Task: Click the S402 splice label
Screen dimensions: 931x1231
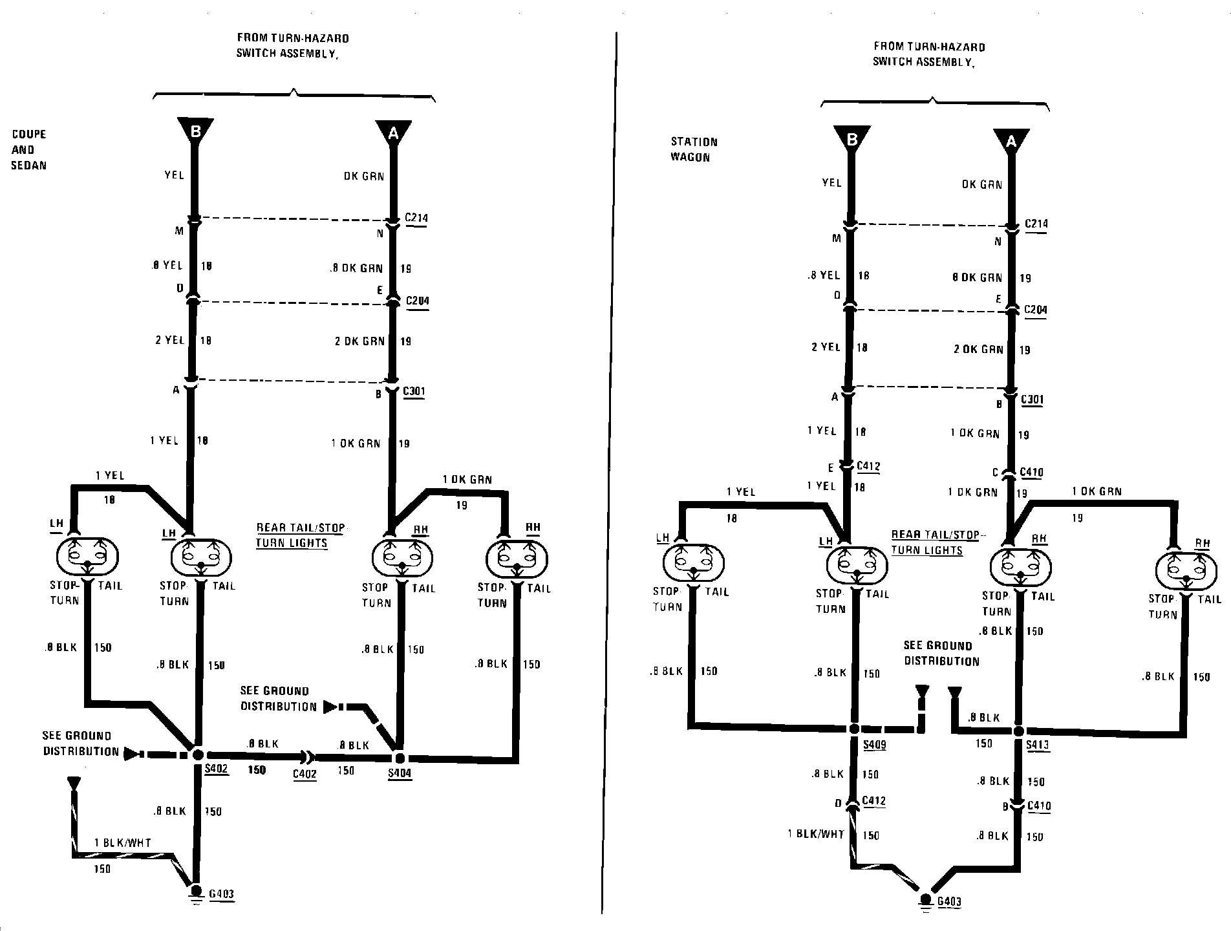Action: pyautogui.click(x=217, y=769)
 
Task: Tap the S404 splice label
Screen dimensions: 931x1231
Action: pyautogui.click(x=400, y=773)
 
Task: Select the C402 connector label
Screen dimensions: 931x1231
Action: pyautogui.click(x=305, y=774)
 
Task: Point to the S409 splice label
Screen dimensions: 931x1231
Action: pyautogui.click(x=874, y=745)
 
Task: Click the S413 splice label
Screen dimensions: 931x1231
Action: pyautogui.click(x=1038, y=745)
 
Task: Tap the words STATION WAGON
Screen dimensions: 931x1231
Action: pyautogui.click(x=694, y=149)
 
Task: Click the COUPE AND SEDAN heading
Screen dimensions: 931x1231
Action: pyautogui.click(x=29, y=149)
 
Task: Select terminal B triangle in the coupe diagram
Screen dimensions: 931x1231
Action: pyautogui.click(x=195, y=131)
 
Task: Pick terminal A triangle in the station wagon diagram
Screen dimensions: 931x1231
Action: pyautogui.click(x=1011, y=140)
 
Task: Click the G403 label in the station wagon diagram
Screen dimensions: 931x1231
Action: pyautogui.click(x=948, y=902)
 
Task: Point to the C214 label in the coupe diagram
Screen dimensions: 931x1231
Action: pyautogui.click(x=416, y=218)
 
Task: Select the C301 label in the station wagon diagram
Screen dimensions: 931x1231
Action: pyautogui.click(x=1033, y=400)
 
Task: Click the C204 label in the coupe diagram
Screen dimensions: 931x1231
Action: pyautogui.click(x=417, y=301)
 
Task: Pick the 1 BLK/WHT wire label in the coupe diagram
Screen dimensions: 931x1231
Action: pyautogui.click(x=122, y=842)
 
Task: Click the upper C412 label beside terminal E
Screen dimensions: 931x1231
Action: pyautogui.click(x=868, y=465)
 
